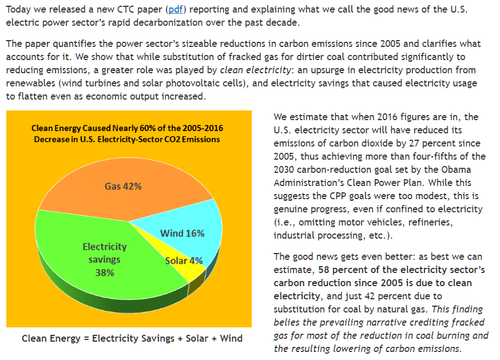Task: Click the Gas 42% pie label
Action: click(x=123, y=186)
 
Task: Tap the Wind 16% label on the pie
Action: click(x=182, y=233)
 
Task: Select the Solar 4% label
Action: click(x=184, y=260)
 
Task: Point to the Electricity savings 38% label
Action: click(x=105, y=259)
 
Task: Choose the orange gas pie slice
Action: click(x=114, y=172)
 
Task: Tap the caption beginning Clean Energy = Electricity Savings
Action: click(x=132, y=338)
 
